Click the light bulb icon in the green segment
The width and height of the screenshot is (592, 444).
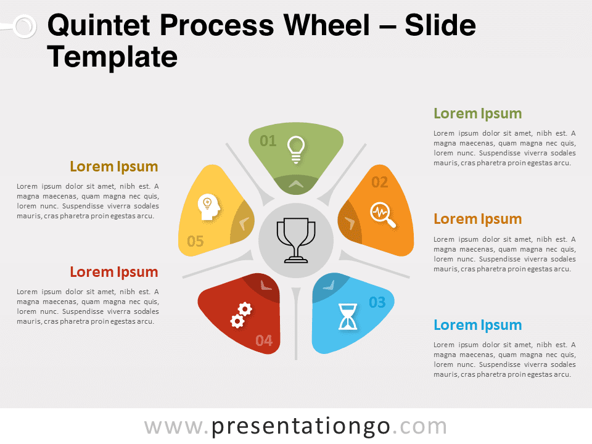[x=296, y=149]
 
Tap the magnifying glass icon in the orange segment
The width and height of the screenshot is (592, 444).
[x=383, y=215]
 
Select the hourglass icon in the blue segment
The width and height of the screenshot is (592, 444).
[x=347, y=316]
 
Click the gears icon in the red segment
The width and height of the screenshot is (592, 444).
[x=241, y=315]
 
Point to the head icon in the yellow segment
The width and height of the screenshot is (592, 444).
[x=209, y=207]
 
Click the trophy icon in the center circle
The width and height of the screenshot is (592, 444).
[x=296, y=240]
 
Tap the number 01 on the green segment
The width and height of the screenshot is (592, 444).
[x=268, y=141]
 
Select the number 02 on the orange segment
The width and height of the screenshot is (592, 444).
[x=379, y=183]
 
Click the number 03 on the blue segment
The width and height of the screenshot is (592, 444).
[x=377, y=302]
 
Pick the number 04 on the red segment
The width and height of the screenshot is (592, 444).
[x=264, y=340]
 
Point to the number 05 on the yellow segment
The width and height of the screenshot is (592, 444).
[x=195, y=241]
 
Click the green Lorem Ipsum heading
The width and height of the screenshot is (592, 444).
[x=477, y=113]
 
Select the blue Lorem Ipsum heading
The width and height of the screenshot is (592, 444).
[x=477, y=325]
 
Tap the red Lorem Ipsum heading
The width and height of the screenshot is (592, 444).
[x=114, y=272]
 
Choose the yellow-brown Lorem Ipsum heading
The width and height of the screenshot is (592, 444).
[x=114, y=166]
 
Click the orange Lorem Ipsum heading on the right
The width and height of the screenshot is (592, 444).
[x=477, y=219]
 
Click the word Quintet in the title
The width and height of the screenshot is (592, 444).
[x=99, y=25]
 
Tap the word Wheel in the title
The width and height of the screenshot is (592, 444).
[x=327, y=25]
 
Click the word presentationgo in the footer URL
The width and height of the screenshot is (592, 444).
[x=300, y=427]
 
